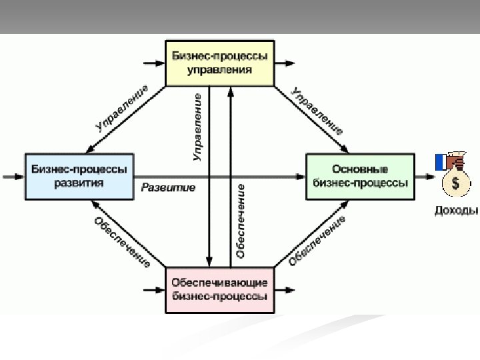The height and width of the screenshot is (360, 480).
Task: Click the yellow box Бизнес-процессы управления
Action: coord(219,63)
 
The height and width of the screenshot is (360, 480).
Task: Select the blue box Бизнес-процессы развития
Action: coord(79,176)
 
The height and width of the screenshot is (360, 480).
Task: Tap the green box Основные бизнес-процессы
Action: coord(359,176)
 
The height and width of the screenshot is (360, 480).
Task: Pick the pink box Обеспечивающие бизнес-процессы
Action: coord(219,290)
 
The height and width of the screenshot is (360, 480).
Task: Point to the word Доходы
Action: coord(456,211)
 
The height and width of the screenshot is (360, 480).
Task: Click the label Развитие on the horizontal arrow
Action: coord(168,187)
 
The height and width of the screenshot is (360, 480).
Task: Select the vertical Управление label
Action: coord(198,127)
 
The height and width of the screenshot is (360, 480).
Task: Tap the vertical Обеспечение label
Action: coord(241,221)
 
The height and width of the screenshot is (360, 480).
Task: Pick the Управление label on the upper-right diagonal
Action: coord(319,110)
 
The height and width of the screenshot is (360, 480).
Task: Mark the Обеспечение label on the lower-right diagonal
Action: coord(317,241)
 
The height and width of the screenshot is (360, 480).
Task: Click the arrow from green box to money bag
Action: coord(423,177)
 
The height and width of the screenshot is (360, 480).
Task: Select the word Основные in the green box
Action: coord(359,169)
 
